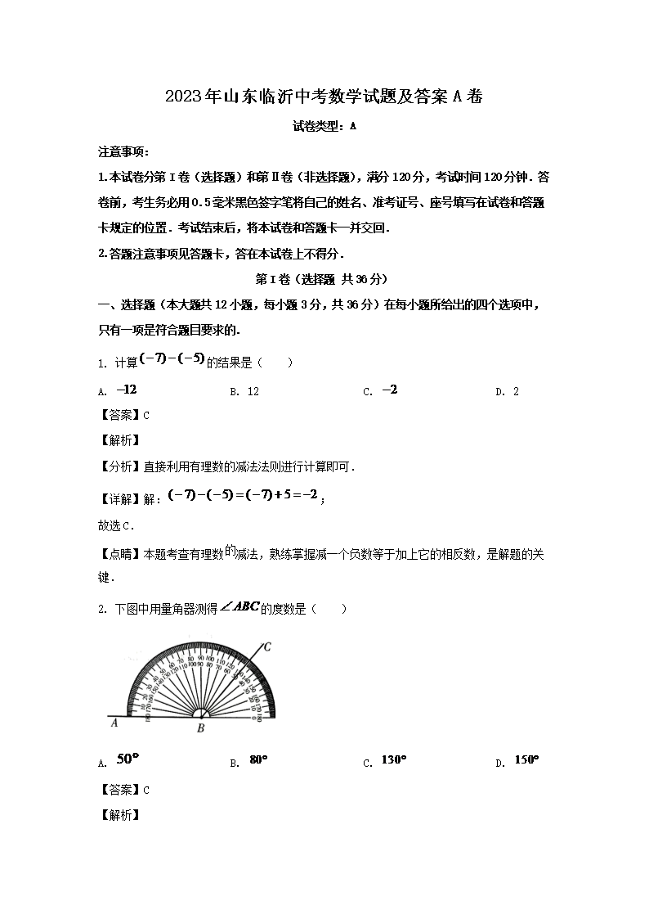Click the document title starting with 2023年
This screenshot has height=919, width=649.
(324, 97)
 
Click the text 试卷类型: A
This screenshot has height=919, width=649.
(324, 127)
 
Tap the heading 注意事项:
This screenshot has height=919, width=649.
(123, 152)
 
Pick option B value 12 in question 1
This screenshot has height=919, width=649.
(253, 391)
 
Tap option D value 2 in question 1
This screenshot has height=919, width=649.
(516, 391)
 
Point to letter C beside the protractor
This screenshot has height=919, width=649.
(266, 647)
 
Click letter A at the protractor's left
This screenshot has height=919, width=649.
(115, 723)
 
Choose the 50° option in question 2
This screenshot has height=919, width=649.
(128, 759)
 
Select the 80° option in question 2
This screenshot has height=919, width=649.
(258, 760)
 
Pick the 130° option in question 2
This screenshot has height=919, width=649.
(393, 760)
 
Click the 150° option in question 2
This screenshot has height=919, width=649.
(526, 760)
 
